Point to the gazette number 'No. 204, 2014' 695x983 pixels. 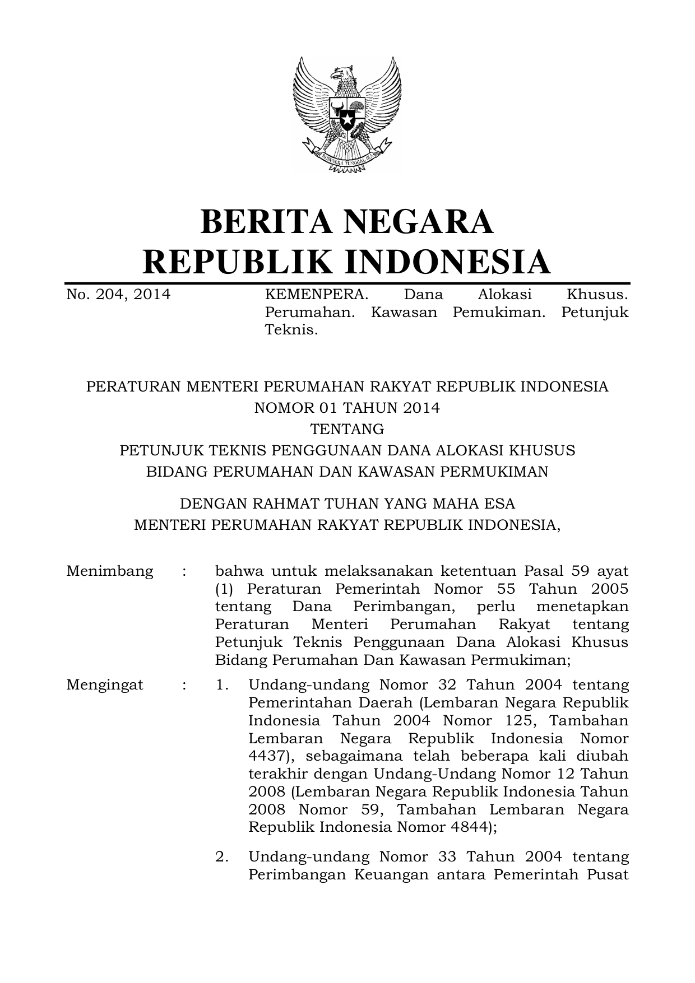pyautogui.click(x=118, y=295)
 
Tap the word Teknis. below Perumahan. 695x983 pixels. pyautogui.click(x=291, y=330)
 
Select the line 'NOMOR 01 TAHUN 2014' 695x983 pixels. pyautogui.click(x=347, y=408)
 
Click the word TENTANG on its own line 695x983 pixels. pyautogui.click(x=347, y=429)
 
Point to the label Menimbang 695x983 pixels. pyautogui.click(x=110, y=571)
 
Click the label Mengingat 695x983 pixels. pyautogui.click(x=105, y=685)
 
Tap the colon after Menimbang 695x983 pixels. pyautogui.click(x=184, y=572)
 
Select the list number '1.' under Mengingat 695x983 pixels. pyautogui.click(x=222, y=685)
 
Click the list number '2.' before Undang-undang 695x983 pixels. pyautogui.click(x=222, y=856)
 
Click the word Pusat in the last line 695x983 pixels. pyautogui.click(x=608, y=874)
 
